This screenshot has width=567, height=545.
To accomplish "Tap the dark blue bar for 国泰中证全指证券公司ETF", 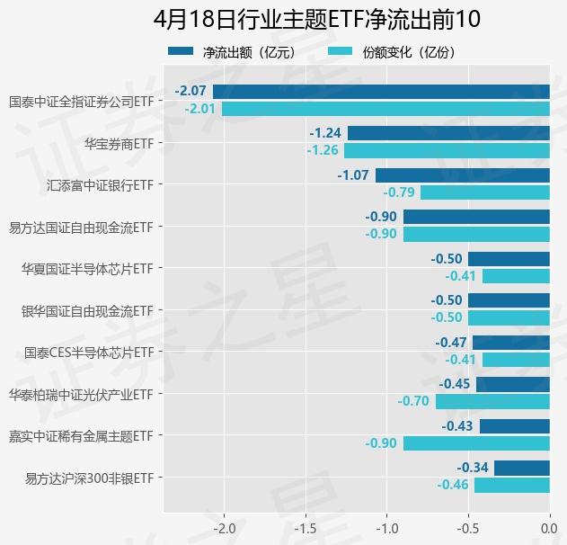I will coord(381,91).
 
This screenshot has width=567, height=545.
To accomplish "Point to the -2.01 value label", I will coord(200,109).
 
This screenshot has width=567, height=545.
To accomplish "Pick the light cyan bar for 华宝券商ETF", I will coord(447,150).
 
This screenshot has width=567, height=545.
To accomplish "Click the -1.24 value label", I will coord(325,133).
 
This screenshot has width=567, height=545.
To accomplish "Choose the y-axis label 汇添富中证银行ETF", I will coord(100,185).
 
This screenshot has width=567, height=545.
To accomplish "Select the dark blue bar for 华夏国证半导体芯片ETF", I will coord(509,259).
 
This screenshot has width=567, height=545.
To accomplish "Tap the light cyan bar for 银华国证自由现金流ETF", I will coord(509,317).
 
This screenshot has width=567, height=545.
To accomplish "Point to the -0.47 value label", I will coord(451,343).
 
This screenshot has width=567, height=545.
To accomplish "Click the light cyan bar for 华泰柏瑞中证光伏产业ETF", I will coord(492,401).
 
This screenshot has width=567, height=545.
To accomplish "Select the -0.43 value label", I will coord(458,426).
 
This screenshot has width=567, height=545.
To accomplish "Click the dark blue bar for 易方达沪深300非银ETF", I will coord(521,468).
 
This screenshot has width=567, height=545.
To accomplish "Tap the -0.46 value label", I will coord(453,486).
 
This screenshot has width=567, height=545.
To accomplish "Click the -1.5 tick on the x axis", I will coord(306,527).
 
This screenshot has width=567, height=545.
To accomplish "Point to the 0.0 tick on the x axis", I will coord(549,527).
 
